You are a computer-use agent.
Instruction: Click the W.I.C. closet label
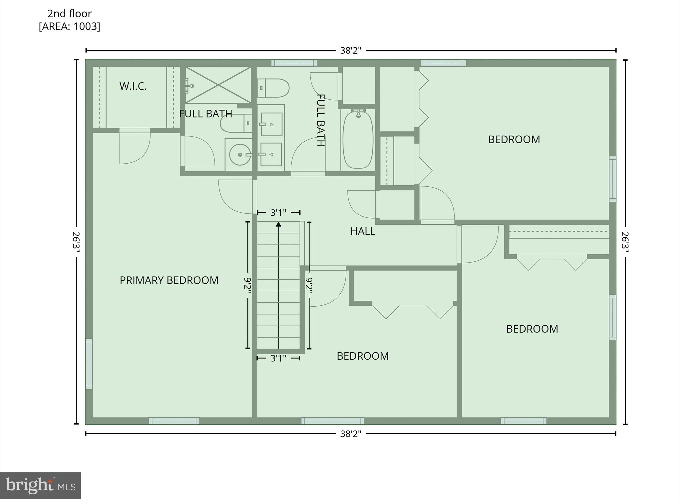click(x=133, y=86)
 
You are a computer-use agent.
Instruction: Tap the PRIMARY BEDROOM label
click(x=169, y=280)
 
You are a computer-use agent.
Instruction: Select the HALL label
click(x=363, y=231)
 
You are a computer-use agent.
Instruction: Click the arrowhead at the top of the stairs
click(x=278, y=224)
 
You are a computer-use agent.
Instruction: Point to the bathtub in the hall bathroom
click(x=358, y=140)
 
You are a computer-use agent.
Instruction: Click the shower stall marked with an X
click(x=218, y=85)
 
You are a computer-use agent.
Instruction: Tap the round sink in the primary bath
click(x=240, y=155)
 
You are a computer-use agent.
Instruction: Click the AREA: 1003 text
click(x=69, y=26)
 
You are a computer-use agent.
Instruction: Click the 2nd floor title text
click(x=69, y=14)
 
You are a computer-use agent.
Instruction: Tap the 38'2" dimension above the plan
click(x=350, y=51)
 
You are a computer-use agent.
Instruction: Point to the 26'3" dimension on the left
click(x=76, y=243)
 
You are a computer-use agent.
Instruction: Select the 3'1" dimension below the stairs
click(x=278, y=358)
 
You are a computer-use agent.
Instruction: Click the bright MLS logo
click(x=40, y=485)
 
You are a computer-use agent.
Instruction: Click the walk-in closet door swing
click(x=135, y=147)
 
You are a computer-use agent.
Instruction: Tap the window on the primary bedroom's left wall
click(x=89, y=364)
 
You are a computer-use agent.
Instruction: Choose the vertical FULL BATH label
click(x=320, y=120)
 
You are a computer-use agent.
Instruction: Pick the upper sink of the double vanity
click(x=271, y=124)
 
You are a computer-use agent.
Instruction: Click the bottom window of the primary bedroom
click(x=174, y=421)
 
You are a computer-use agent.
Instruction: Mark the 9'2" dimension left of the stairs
click(x=248, y=285)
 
